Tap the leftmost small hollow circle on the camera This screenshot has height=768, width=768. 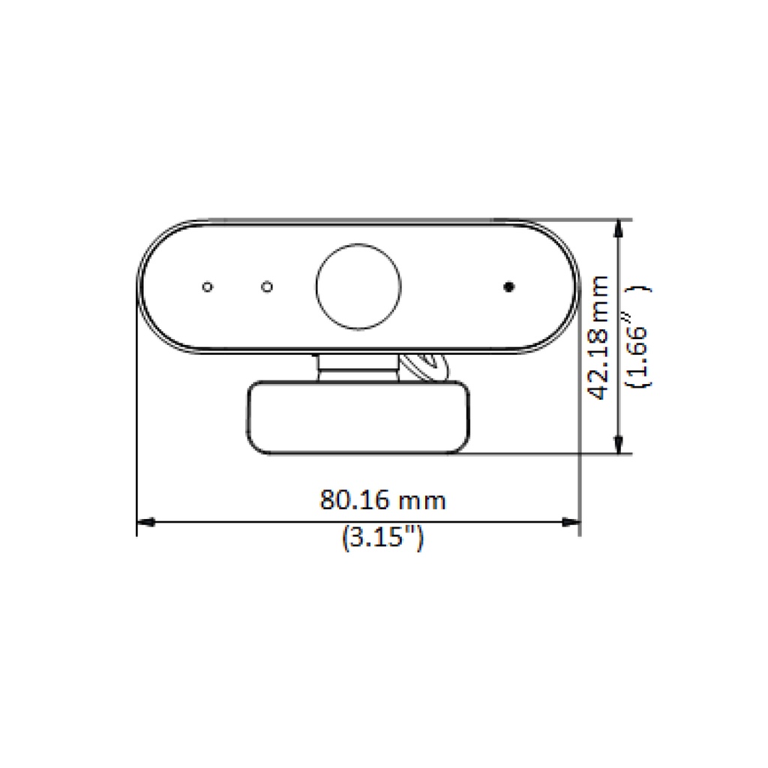207,286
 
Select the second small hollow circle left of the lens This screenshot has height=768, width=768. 266,286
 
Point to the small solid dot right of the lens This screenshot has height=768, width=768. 509,286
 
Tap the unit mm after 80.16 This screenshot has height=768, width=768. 422,500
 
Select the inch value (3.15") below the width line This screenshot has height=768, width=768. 382,538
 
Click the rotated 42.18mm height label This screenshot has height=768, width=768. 599,337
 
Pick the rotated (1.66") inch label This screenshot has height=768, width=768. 639,337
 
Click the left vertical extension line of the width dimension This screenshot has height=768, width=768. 136,420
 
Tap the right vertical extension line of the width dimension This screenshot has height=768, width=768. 580,420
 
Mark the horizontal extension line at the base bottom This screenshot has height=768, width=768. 547,454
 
